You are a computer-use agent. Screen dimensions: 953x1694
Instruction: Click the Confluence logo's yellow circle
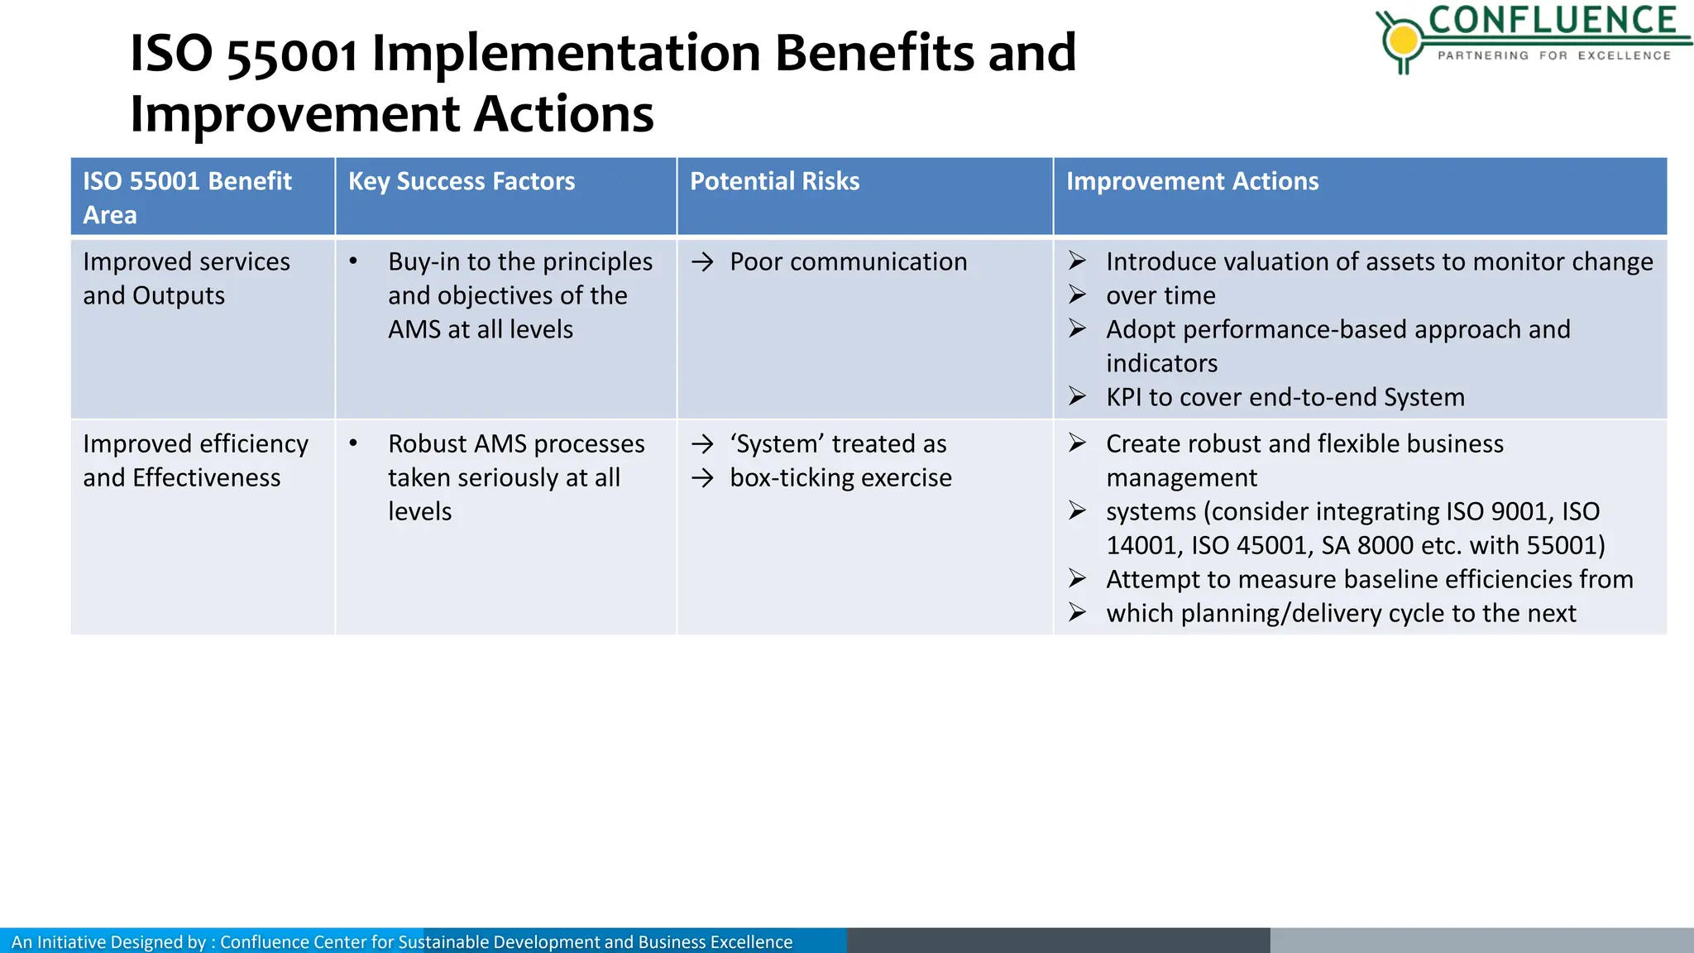coord(1403,39)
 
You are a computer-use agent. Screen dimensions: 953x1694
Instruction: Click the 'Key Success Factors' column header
coord(461,181)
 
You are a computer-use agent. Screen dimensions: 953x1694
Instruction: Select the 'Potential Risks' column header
coord(774,181)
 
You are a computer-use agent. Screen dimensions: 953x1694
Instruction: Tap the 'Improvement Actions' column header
coord(1192,181)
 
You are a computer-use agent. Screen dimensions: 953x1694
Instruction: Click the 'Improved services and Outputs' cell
coord(186,279)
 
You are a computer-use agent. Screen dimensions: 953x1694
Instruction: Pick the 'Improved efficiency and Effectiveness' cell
coord(195,461)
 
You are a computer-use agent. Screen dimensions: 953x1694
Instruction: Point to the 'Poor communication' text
coord(848,262)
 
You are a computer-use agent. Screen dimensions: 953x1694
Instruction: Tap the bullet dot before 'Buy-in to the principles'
coord(353,261)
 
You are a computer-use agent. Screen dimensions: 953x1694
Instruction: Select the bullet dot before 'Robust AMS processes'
coord(353,443)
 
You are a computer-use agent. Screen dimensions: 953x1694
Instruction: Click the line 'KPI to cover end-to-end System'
coord(1285,397)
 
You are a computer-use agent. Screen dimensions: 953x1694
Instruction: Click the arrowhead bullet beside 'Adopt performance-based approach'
coord(1077,329)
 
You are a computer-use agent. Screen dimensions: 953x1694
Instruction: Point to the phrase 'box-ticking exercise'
coord(840,478)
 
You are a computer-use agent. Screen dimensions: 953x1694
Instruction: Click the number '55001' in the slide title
coord(292,55)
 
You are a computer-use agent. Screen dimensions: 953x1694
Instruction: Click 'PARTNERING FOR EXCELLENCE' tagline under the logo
coord(1554,55)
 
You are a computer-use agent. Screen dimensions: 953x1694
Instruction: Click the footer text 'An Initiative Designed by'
coord(108,941)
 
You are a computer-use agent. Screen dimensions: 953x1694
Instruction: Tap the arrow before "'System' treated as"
coord(702,445)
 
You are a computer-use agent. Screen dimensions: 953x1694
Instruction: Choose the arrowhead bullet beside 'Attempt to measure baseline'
coord(1077,579)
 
